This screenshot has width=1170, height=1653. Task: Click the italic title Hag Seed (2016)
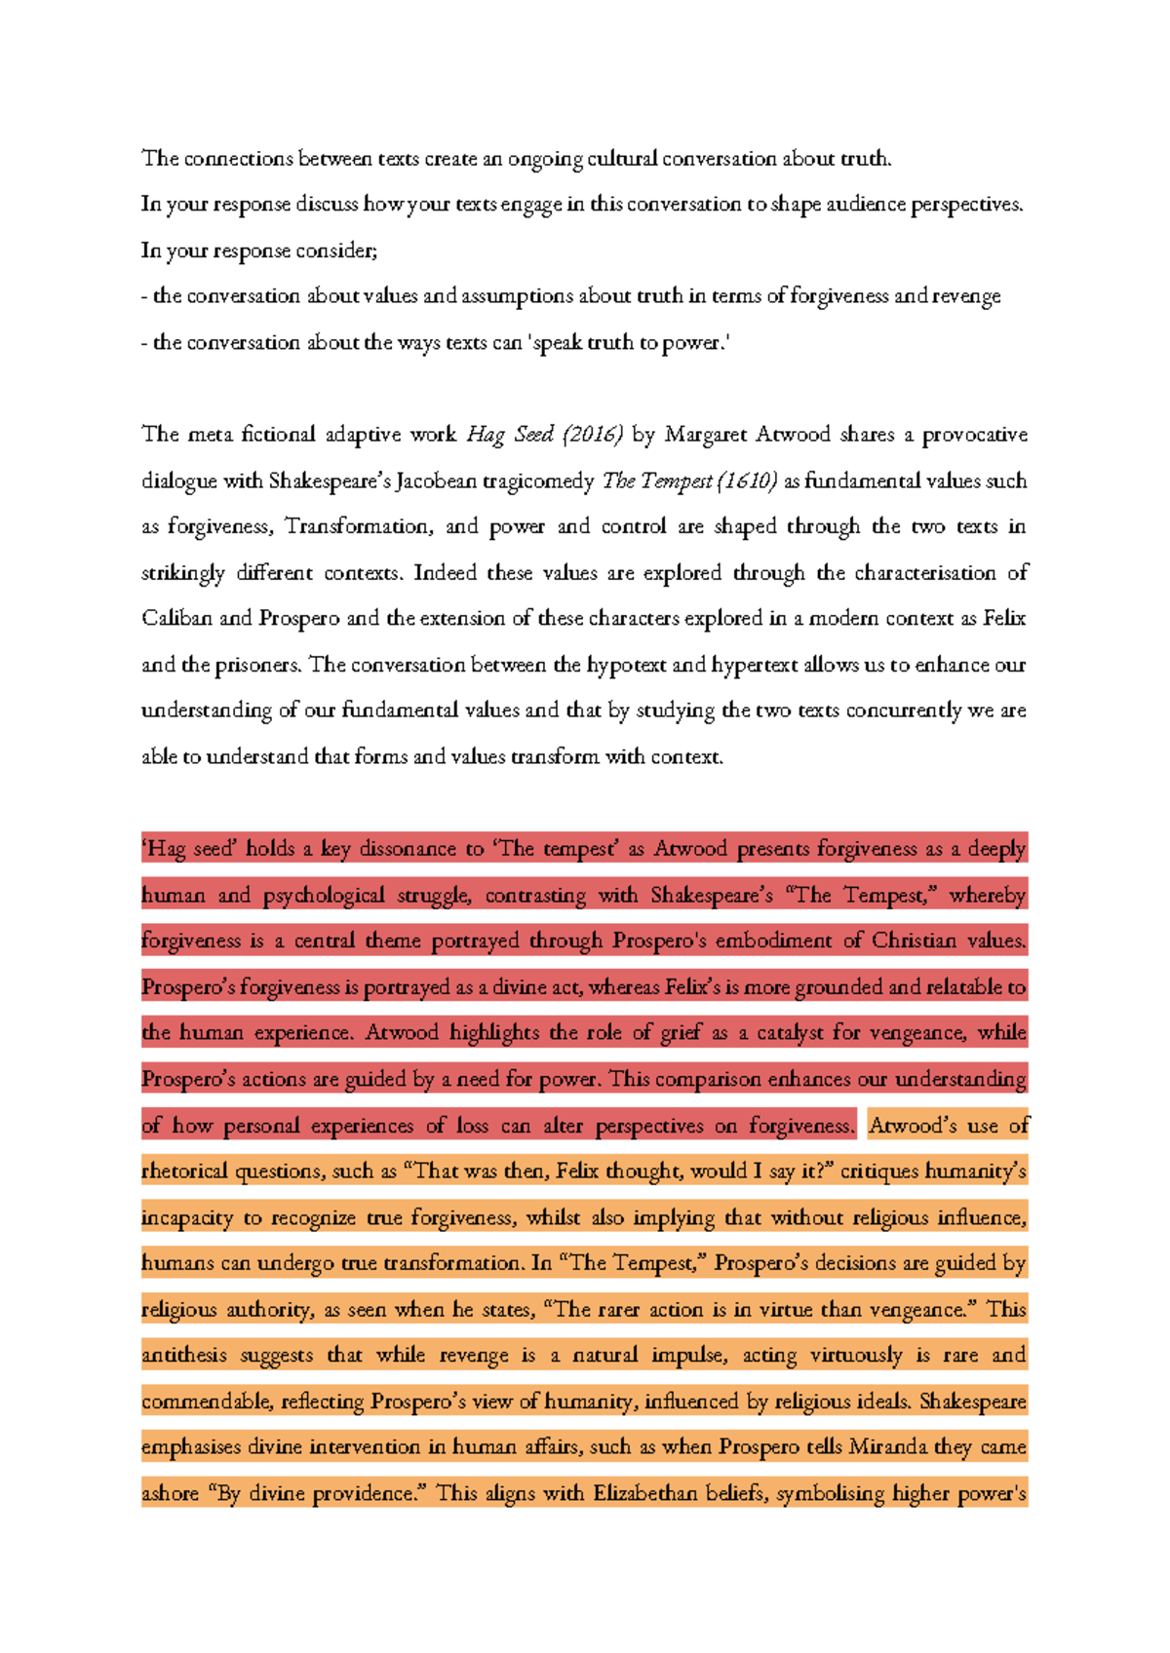click(x=544, y=435)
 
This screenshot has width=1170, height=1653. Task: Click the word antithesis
click(x=184, y=1356)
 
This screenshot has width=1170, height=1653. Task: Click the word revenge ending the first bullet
click(x=966, y=296)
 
